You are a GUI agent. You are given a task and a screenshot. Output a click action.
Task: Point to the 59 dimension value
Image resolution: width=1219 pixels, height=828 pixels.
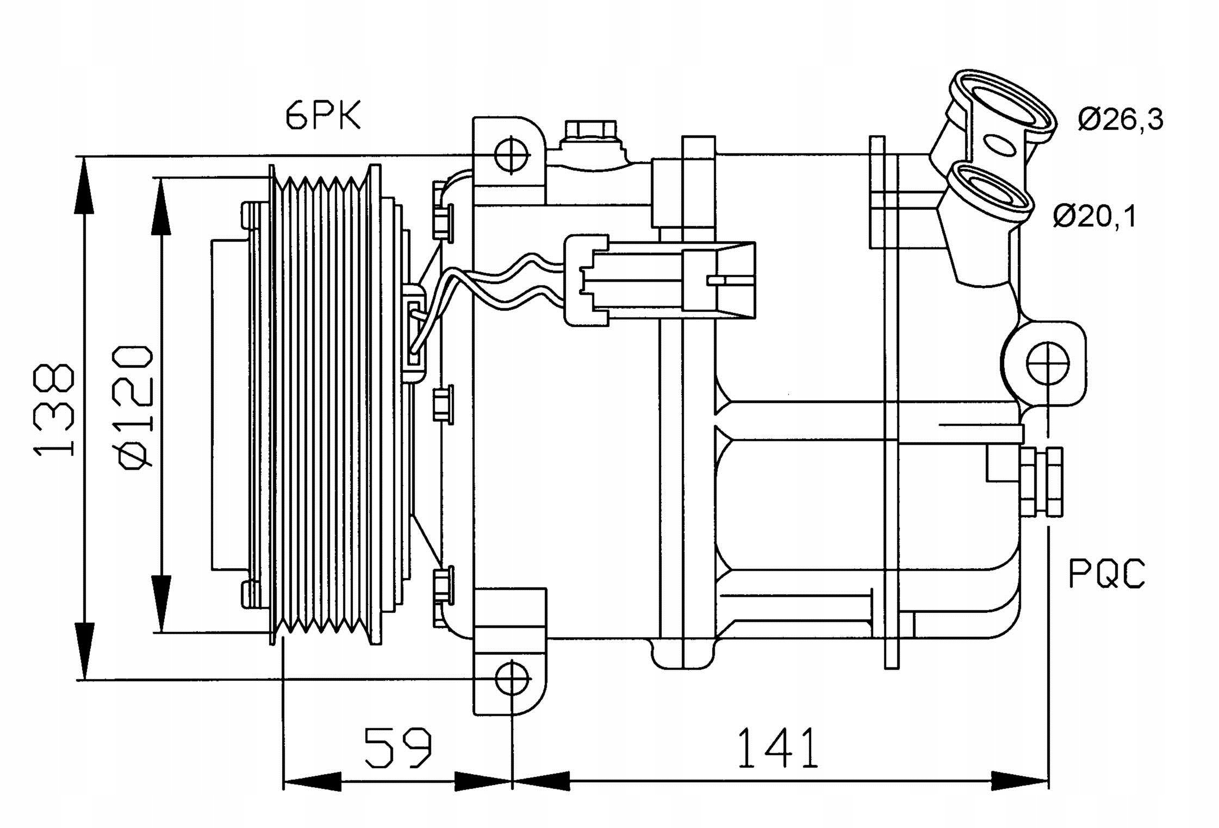[397, 748]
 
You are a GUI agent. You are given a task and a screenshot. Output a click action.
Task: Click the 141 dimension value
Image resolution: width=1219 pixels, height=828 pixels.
[778, 748]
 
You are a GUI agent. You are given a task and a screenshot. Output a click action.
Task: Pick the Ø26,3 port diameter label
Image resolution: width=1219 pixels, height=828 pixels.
[1120, 120]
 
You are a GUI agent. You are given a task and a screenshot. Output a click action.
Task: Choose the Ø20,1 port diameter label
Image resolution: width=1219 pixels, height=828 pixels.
[1094, 216]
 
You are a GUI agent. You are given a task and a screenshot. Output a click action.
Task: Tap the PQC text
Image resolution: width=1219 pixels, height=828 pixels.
[1106, 574]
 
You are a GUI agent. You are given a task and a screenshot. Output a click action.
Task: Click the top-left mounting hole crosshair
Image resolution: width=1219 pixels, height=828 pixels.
[512, 155]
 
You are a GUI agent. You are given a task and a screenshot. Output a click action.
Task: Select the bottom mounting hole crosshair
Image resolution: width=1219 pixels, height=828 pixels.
[512, 679]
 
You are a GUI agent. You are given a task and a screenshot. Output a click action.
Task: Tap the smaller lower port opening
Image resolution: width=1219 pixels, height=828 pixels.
[990, 193]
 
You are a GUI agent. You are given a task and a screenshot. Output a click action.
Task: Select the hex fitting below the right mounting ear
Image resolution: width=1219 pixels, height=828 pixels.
[1041, 481]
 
